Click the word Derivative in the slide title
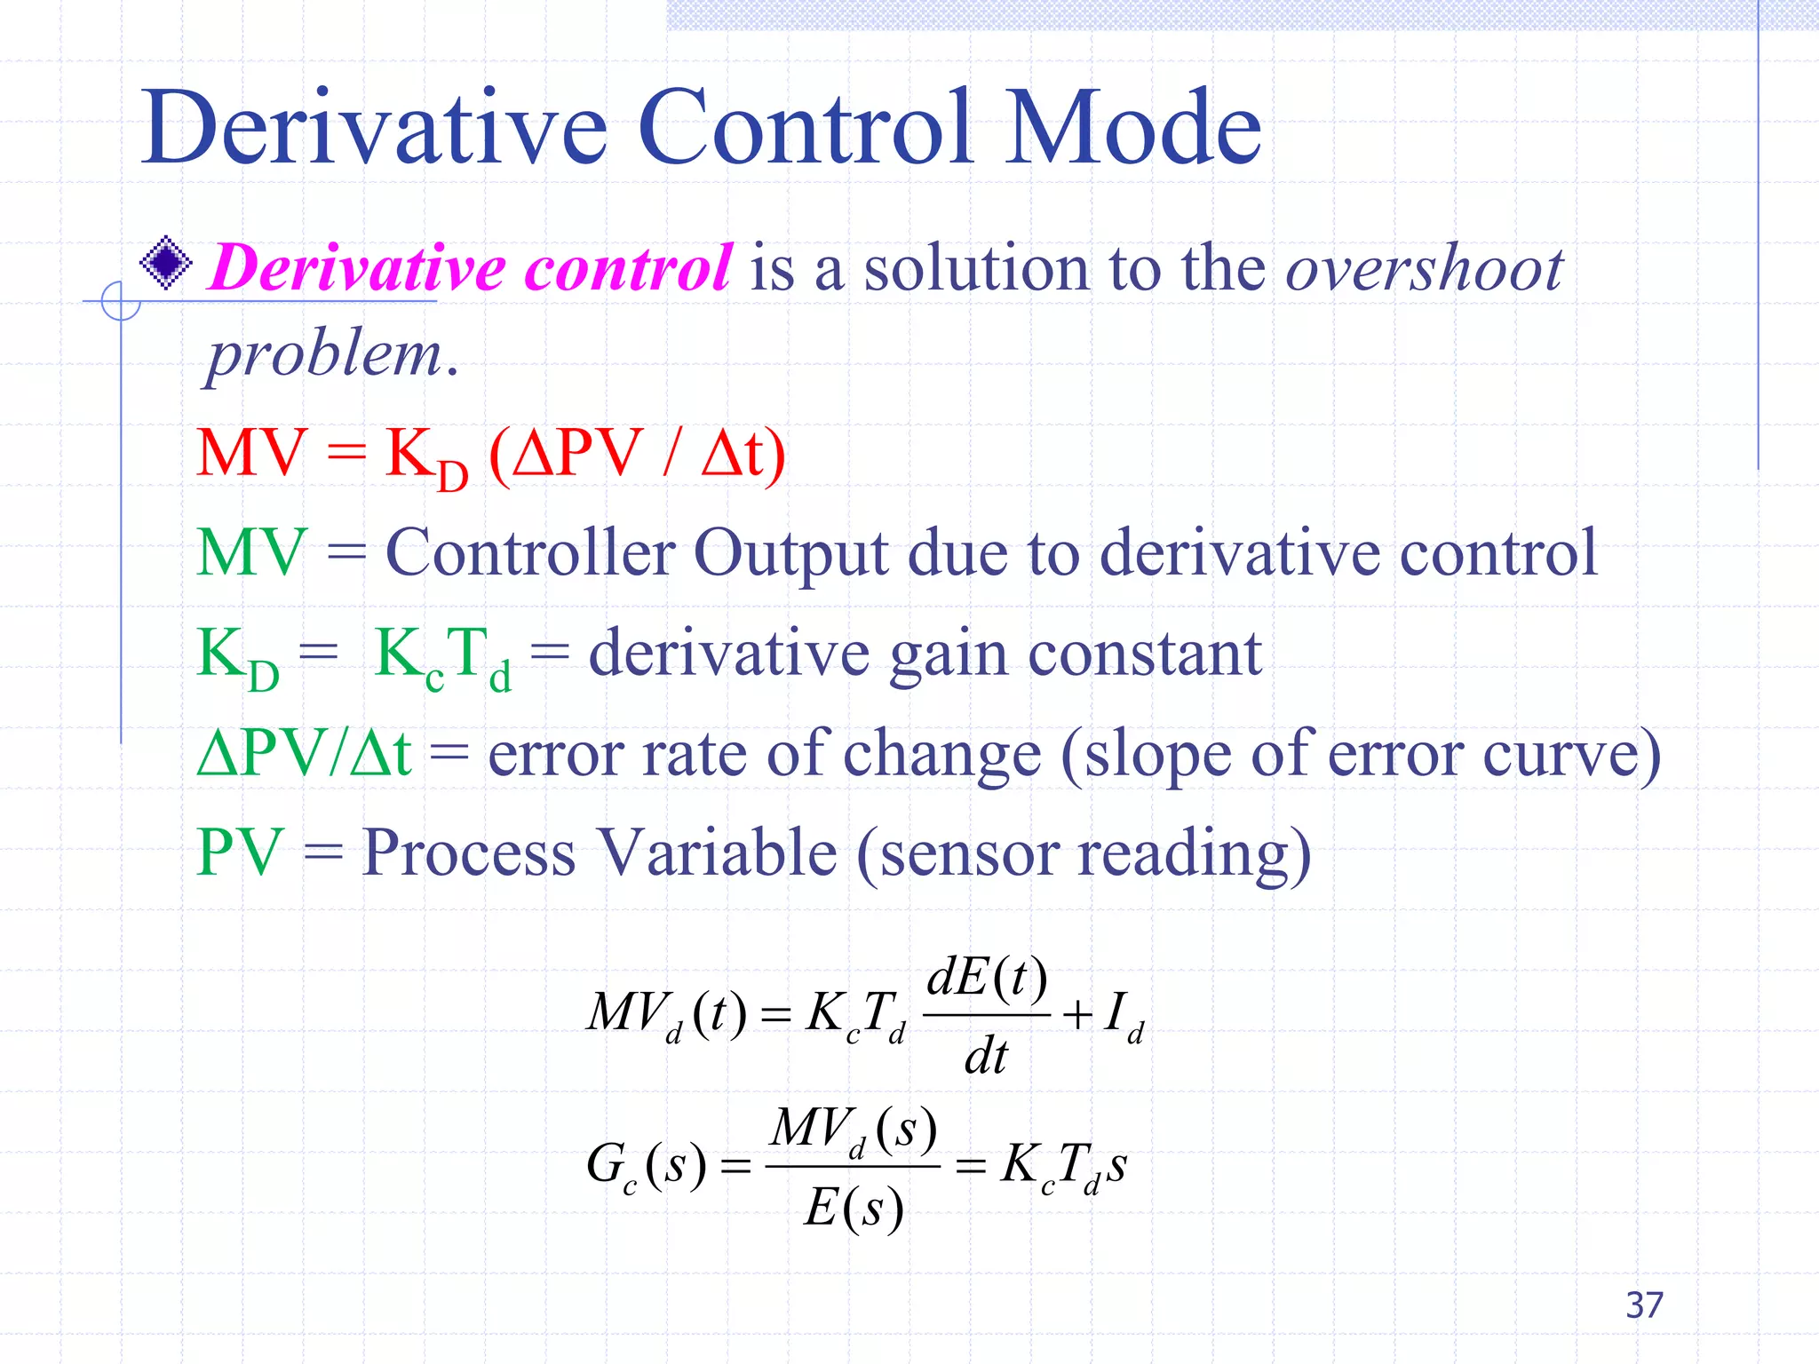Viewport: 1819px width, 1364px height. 373,129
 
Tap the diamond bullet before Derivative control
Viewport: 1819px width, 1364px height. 166,263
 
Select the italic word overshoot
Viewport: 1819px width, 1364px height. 1424,268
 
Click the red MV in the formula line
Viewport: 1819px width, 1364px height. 251,454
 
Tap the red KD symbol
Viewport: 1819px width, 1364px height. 425,458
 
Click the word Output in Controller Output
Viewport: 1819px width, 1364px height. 790,554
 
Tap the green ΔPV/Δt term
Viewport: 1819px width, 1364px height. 304,753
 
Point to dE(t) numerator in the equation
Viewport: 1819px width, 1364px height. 986,979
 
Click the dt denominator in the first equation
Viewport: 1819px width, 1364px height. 986,1057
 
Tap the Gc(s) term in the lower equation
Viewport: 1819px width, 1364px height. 646,1165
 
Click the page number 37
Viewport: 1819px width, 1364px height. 1644,1305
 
